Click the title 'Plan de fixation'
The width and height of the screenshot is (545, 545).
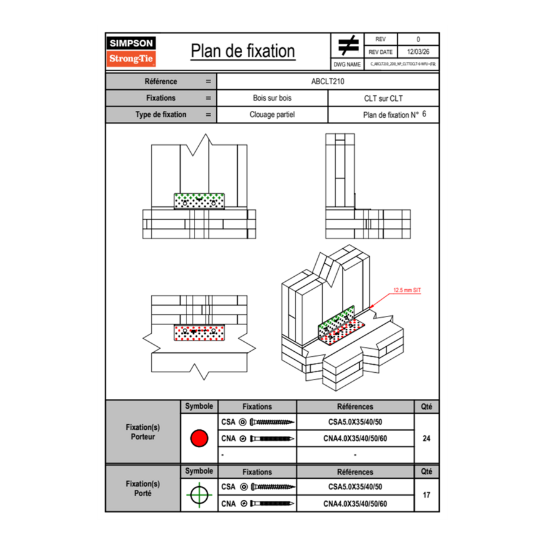click(x=242, y=51)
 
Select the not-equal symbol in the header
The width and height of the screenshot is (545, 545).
click(x=348, y=45)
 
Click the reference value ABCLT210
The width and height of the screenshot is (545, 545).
click(x=328, y=81)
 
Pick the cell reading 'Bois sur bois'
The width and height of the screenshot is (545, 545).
click(x=272, y=98)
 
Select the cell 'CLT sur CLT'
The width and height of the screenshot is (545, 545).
click(x=383, y=98)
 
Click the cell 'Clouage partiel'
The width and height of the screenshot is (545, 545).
click(x=272, y=115)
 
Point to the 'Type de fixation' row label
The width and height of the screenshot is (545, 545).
click(x=160, y=115)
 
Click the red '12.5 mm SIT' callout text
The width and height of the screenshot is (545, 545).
click(x=407, y=289)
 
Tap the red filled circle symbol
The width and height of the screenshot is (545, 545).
click(x=199, y=438)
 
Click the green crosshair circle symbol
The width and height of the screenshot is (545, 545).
click(x=199, y=495)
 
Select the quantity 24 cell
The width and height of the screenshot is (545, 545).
click(x=426, y=438)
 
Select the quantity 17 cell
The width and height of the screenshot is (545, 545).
click(x=426, y=495)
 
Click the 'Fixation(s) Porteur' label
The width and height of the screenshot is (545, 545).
click(x=143, y=432)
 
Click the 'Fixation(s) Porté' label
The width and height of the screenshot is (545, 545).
click(x=143, y=488)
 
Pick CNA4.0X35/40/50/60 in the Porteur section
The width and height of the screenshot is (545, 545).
click(x=355, y=438)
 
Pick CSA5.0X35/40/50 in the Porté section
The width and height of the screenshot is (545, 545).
click(x=355, y=487)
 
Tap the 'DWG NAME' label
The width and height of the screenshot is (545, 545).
click(x=347, y=64)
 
